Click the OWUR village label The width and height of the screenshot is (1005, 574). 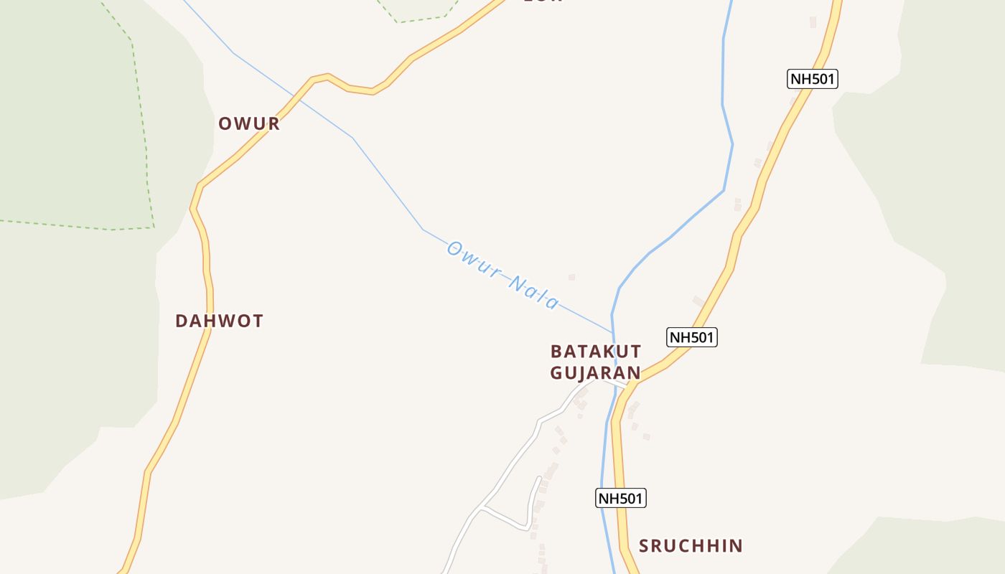(x=248, y=123)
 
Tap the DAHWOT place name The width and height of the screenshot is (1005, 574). (x=219, y=321)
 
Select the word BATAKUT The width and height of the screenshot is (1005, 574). (x=595, y=352)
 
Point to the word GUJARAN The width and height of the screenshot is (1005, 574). (x=595, y=372)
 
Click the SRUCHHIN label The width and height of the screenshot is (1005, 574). (x=691, y=546)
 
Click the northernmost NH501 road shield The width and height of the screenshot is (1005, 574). (x=813, y=79)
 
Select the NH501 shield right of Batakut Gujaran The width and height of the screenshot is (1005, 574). (x=692, y=337)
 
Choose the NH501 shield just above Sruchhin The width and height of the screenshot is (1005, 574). (x=621, y=498)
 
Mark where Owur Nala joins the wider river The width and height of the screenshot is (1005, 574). (x=612, y=333)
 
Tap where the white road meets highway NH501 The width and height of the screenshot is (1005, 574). (x=630, y=388)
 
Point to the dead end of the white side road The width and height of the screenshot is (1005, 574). (x=539, y=477)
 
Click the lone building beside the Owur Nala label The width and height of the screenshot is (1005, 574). (x=571, y=277)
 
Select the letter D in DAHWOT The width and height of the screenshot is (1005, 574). (x=182, y=321)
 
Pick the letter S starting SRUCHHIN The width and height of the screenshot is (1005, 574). (x=645, y=546)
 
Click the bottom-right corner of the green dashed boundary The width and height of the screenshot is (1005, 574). (x=154, y=227)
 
